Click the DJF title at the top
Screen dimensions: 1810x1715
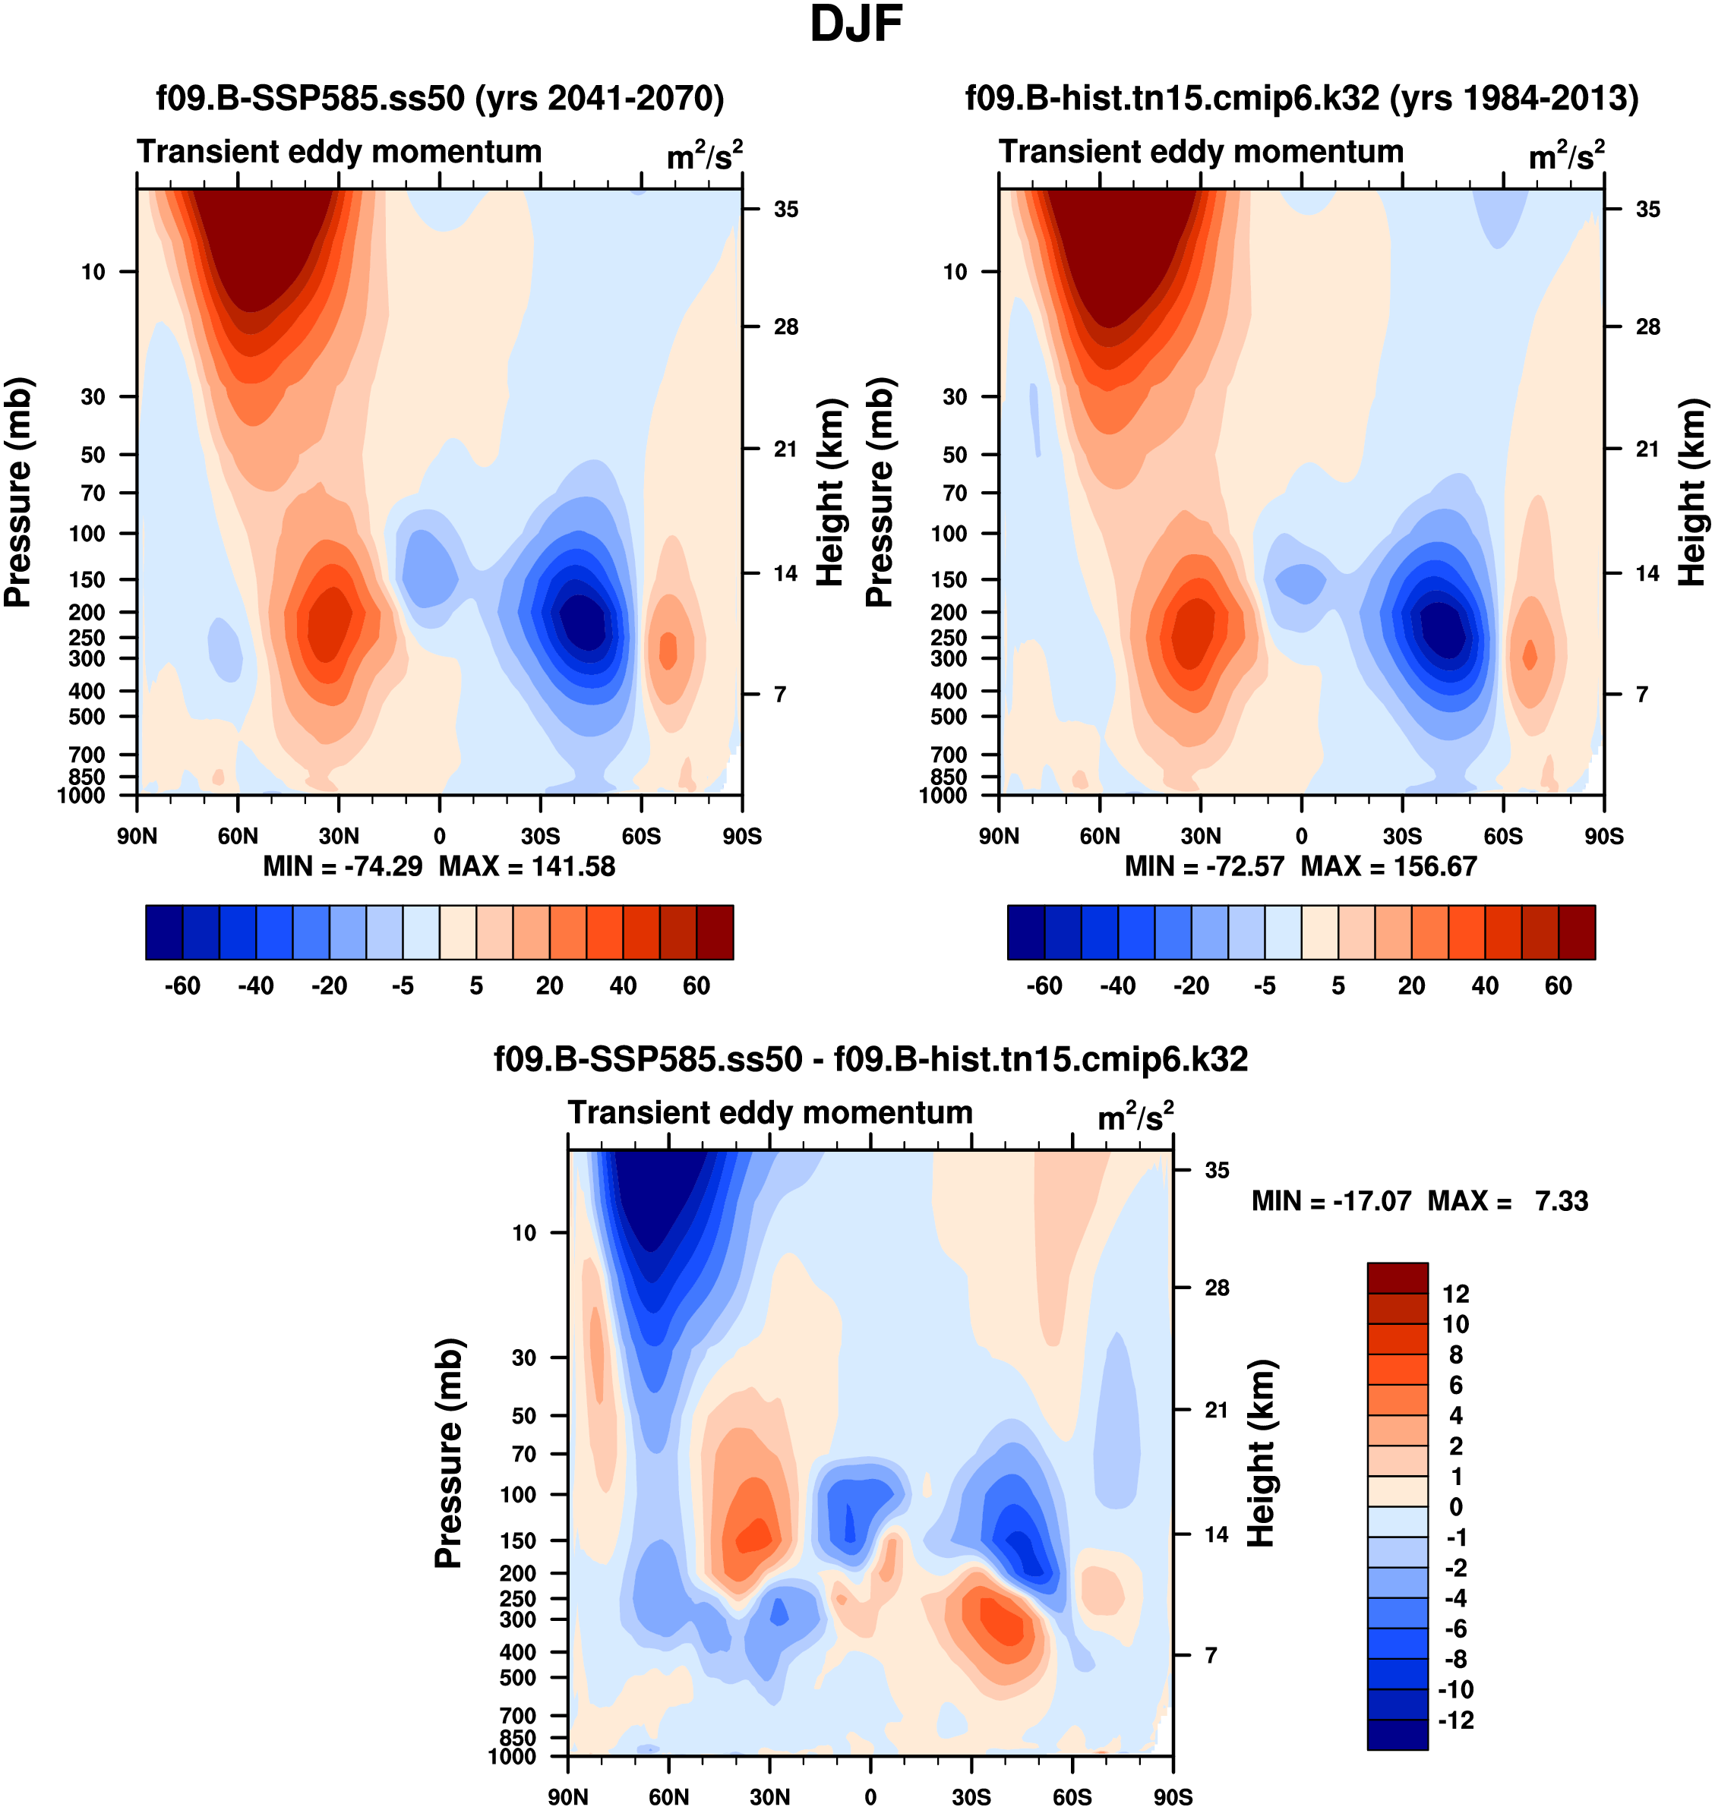(856, 24)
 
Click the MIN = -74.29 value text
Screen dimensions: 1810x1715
(343, 866)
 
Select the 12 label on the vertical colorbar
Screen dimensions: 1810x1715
(1455, 1294)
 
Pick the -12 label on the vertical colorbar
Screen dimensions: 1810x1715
(1455, 1720)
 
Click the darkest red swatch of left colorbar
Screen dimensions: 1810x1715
(715, 933)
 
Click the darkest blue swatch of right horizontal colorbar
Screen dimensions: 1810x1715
(1025, 933)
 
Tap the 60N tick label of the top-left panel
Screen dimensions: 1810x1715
(238, 836)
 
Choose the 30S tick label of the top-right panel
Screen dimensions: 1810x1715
(1402, 836)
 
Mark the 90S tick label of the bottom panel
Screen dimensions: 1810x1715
(1173, 1797)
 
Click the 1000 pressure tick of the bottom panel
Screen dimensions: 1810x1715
(512, 1756)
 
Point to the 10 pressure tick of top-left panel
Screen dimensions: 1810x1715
(93, 271)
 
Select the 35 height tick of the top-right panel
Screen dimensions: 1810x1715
(1647, 210)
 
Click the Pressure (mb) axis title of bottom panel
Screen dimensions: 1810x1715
(449, 1452)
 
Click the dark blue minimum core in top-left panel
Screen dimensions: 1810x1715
(583, 621)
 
